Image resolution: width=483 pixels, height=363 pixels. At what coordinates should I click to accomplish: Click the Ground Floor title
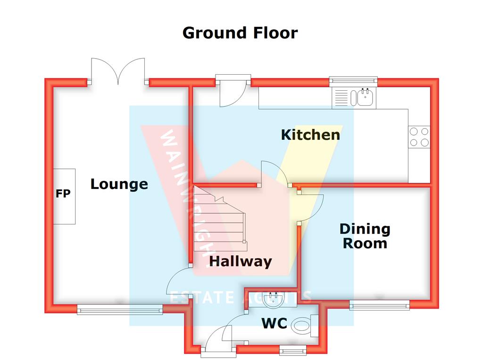(x=240, y=33)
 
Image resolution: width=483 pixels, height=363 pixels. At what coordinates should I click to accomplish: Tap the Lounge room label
(x=119, y=184)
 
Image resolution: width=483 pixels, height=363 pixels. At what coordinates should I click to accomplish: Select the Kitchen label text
(x=310, y=135)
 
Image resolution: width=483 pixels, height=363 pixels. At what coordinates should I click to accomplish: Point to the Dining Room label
(x=365, y=236)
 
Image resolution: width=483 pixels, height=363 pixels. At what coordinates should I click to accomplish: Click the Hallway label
(x=241, y=261)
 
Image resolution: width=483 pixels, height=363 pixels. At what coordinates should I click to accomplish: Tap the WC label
(x=275, y=324)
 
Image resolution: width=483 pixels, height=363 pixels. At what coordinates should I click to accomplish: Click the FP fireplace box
(x=64, y=196)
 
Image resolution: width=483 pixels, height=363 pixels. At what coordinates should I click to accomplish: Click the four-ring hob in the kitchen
(x=419, y=137)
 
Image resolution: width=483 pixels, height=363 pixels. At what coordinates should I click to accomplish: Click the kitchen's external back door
(x=233, y=91)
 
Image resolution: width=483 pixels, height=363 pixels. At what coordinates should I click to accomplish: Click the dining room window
(x=380, y=305)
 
